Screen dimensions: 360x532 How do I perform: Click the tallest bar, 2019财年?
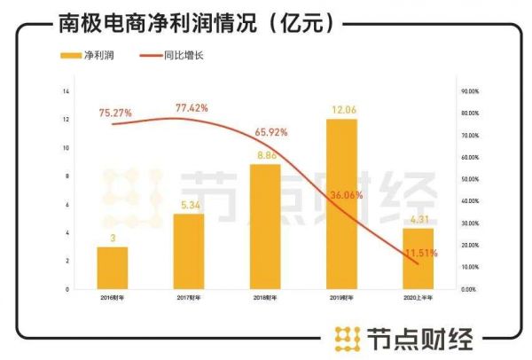340,204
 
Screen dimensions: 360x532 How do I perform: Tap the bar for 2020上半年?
418,258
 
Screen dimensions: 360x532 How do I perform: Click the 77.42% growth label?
192,108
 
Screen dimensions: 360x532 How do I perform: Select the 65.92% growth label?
270,131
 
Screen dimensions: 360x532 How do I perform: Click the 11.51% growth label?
421,253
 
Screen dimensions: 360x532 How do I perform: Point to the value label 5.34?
188,205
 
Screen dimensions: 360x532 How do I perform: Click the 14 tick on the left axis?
66,91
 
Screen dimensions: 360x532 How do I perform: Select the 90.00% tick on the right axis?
470,91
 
